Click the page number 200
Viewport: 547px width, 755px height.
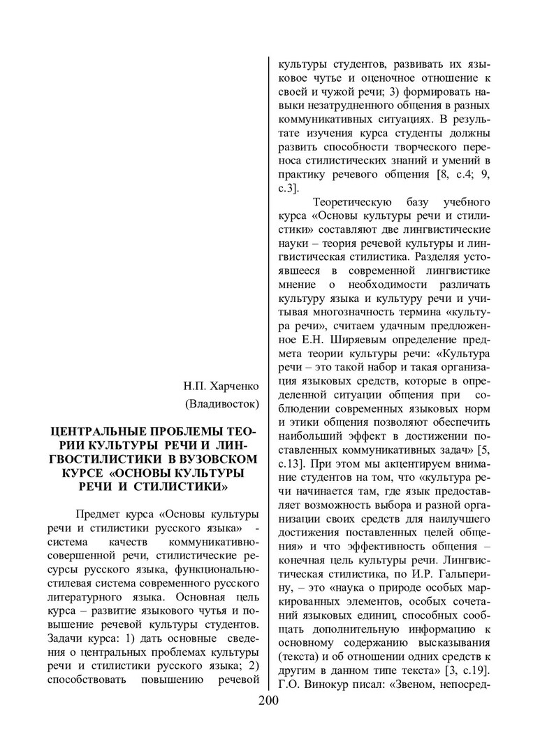click(x=268, y=702)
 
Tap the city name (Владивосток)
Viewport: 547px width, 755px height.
click(x=221, y=403)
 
